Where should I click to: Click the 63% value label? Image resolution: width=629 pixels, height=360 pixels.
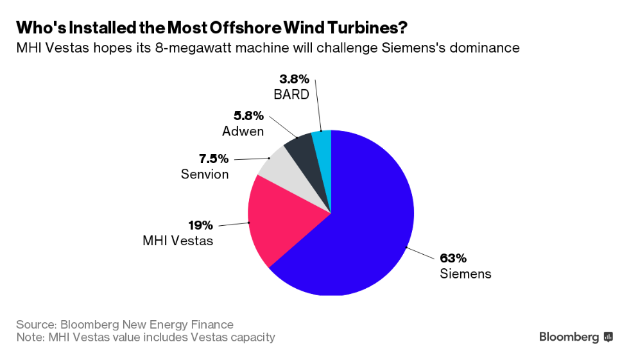tap(453, 259)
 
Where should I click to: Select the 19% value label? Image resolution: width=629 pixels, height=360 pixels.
tap(200, 226)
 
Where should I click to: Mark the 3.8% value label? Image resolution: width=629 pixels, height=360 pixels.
tap(294, 80)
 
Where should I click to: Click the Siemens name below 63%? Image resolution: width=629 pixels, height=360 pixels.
tap(465, 274)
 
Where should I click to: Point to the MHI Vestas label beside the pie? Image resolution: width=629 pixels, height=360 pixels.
tap(177, 241)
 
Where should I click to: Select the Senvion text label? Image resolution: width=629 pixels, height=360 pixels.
tap(204, 174)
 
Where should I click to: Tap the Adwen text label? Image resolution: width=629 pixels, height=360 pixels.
tap(243, 132)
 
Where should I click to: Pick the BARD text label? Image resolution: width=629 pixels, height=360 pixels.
tap(293, 95)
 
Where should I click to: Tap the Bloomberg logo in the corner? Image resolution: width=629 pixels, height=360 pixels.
tap(576, 337)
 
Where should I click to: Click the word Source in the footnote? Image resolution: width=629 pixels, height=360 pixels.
tap(35, 324)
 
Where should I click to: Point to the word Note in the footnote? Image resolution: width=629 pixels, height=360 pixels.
tap(29, 337)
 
